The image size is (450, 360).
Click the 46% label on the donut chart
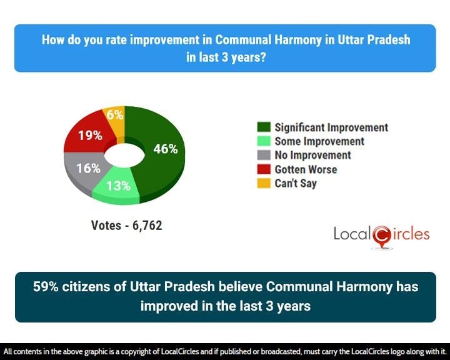(166, 149)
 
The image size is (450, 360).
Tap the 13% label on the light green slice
(117, 186)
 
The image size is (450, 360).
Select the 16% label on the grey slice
(83, 168)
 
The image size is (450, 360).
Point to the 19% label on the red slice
(90, 135)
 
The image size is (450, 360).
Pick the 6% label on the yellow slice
(115, 114)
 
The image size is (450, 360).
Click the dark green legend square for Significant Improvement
(263, 128)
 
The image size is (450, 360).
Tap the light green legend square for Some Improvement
(263, 142)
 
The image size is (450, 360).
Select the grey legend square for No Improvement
(263, 156)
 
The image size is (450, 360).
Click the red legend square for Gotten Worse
(263, 169)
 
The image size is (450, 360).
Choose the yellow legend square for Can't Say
(263, 184)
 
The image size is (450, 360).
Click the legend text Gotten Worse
(306, 169)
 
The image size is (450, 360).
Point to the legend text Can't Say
(296, 184)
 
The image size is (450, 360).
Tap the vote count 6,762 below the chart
(147, 226)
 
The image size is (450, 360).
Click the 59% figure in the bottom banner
(47, 287)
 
